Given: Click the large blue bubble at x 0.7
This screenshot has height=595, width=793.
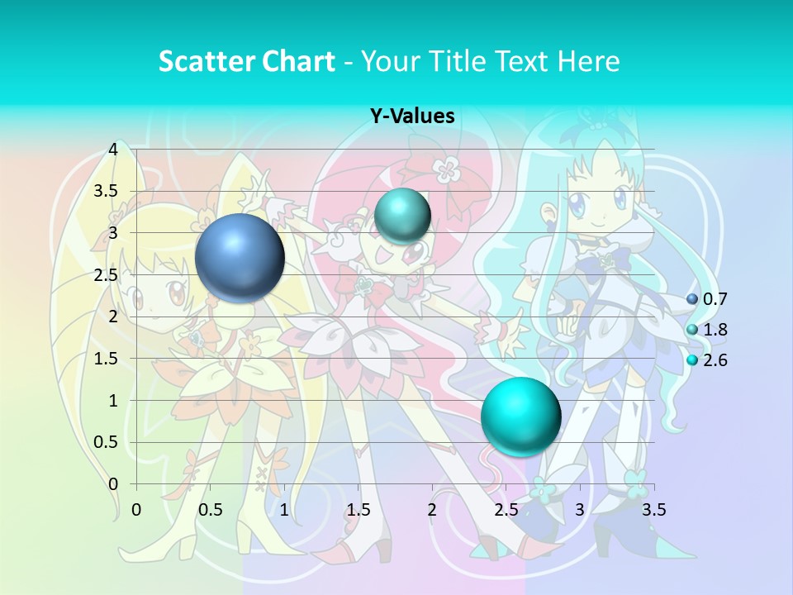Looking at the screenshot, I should [240, 258].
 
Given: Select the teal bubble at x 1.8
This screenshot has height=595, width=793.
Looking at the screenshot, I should [402, 216].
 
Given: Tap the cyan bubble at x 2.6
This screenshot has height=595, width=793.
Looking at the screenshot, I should [520, 416].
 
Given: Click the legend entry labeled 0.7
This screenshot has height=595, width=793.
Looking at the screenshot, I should [714, 299].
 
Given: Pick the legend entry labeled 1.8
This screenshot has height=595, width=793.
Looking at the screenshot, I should [714, 330].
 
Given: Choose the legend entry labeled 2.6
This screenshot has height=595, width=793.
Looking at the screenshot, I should [714, 360].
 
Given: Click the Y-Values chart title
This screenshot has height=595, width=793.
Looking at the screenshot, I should [411, 116].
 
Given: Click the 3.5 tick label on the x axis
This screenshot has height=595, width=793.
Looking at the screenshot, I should [653, 509].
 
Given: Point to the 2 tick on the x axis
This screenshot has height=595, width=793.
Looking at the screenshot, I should [432, 509].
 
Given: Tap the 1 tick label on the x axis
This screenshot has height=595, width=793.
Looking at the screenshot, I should [284, 509].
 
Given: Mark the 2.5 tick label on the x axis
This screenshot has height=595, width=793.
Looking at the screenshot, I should [506, 509].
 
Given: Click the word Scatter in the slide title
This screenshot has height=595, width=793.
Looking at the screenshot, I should [203, 61].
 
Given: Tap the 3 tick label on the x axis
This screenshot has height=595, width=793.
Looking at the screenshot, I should [580, 509].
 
